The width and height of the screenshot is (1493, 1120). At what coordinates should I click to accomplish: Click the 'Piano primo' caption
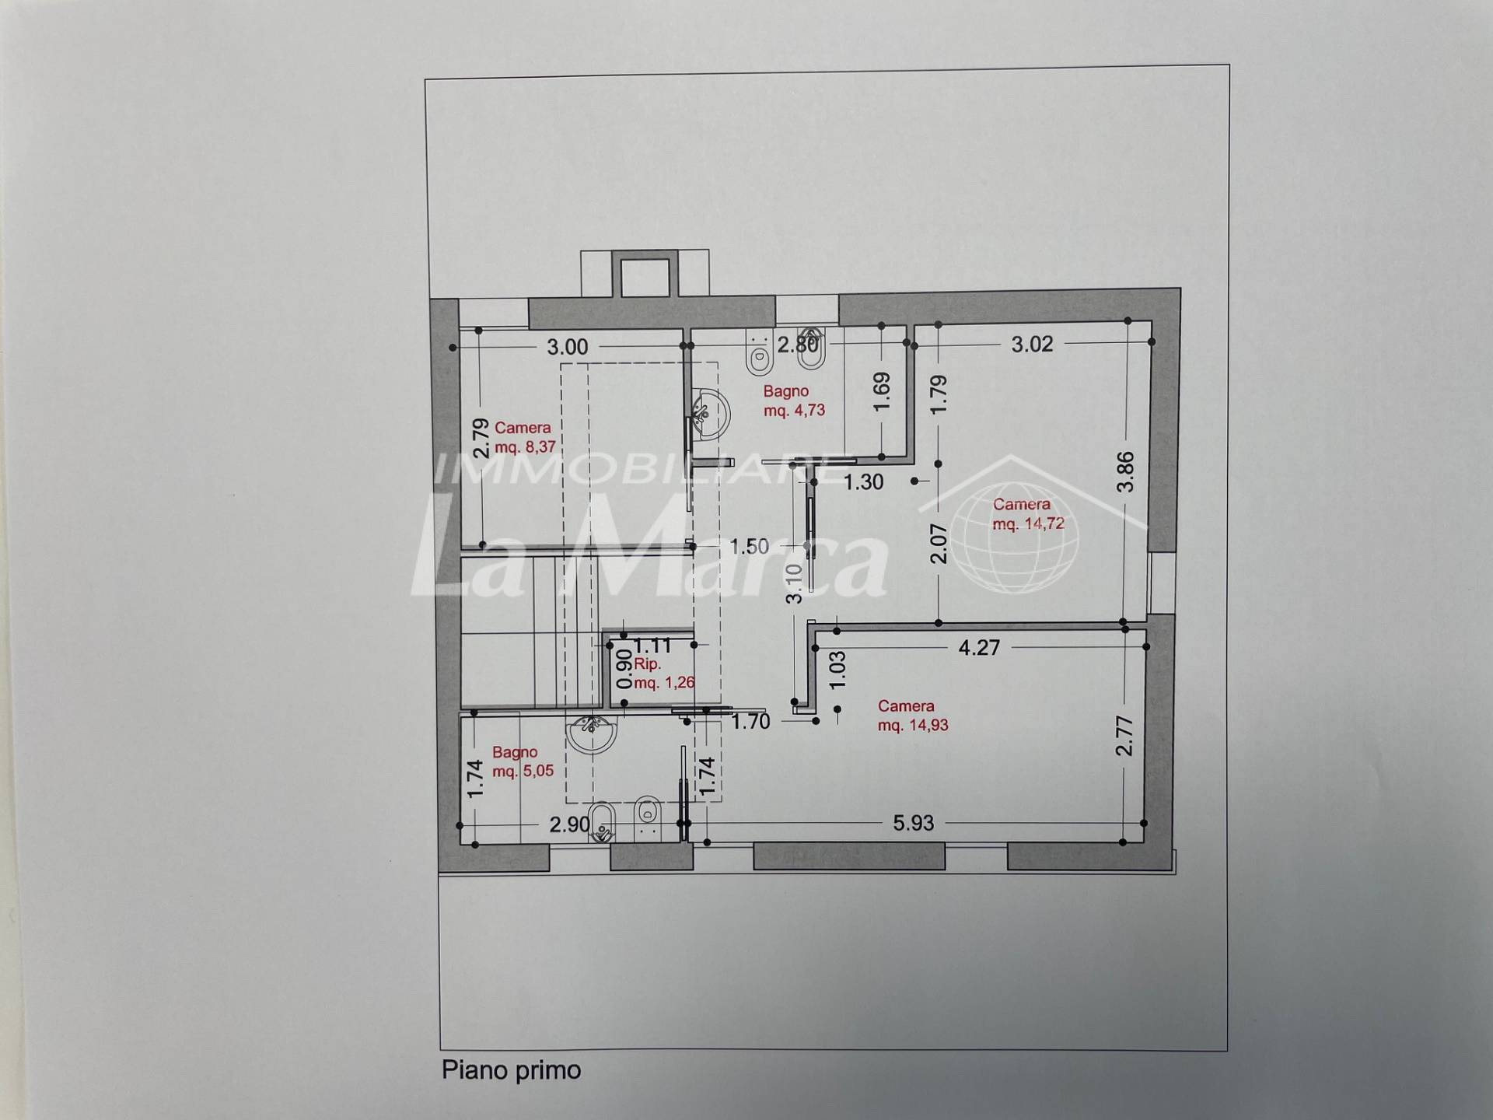click(x=511, y=1071)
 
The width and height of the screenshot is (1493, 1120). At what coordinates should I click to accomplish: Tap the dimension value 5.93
click(x=913, y=823)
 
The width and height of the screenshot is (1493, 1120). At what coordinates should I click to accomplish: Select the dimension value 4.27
click(x=978, y=648)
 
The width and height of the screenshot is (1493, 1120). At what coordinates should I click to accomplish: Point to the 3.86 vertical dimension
click(x=1125, y=472)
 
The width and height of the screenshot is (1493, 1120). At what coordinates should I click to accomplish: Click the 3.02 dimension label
click(x=1032, y=344)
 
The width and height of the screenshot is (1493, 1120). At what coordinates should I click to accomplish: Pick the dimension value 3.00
click(x=567, y=347)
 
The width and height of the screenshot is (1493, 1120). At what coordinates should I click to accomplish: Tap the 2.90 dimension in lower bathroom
click(x=570, y=824)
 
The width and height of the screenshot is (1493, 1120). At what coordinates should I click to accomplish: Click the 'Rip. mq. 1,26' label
click(x=664, y=674)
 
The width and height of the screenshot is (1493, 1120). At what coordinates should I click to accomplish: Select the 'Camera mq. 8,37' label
click(x=525, y=437)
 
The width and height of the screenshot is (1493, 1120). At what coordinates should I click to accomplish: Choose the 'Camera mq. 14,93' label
click(x=913, y=716)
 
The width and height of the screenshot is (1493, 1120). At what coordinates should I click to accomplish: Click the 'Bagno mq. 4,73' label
click(x=794, y=401)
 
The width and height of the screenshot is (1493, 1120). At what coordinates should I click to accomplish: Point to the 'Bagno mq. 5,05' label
click(x=523, y=761)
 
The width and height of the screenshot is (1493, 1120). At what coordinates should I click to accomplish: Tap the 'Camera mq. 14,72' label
click(x=1028, y=514)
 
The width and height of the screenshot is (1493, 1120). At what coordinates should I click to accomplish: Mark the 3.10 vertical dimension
click(x=793, y=583)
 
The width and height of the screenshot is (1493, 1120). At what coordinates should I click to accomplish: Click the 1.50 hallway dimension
click(x=749, y=546)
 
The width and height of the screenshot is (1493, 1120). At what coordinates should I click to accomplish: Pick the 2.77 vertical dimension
click(x=1124, y=736)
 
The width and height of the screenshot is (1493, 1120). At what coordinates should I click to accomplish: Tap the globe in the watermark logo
click(x=1015, y=534)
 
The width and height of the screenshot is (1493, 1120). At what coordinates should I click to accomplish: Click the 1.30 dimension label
click(x=864, y=482)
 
